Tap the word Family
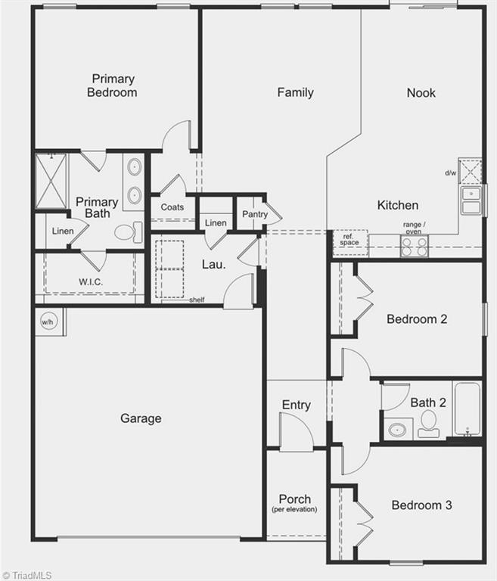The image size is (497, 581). click(x=295, y=92)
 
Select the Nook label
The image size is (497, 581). click(x=421, y=92)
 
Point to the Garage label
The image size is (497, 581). click(x=141, y=418)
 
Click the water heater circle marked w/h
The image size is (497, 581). click(x=48, y=322)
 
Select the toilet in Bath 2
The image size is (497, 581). click(x=429, y=424)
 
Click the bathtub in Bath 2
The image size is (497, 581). click(x=467, y=409)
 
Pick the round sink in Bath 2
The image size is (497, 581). click(x=396, y=430)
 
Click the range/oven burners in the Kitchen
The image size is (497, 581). click(x=414, y=246)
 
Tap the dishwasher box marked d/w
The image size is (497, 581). click(x=471, y=171)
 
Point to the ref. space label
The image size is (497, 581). click(x=349, y=239)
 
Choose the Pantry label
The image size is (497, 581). click(x=255, y=215)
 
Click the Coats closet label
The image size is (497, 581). click(x=172, y=207)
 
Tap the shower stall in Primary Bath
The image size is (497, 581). click(x=51, y=182)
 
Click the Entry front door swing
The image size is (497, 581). click(x=297, y=433)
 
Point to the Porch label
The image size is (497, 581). click(x=294, y=499)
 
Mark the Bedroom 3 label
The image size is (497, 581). click(x=421, y=505)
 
